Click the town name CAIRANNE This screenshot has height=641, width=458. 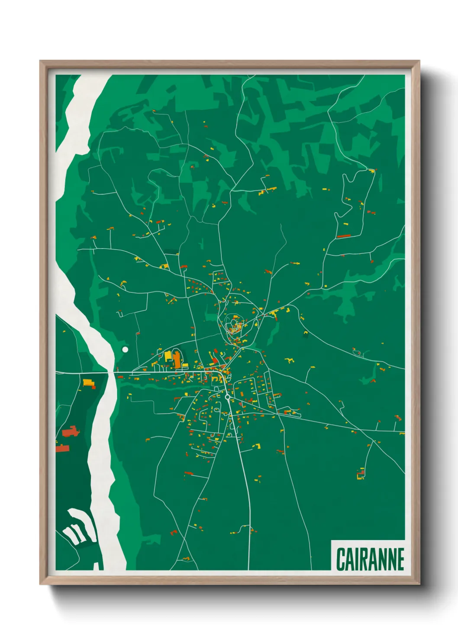coord(370,559)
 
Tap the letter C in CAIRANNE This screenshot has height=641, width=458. coord(341,559)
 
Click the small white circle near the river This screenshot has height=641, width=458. coord(125,349)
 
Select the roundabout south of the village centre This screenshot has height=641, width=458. coord(227,396)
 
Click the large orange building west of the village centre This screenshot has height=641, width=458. coord(177,360)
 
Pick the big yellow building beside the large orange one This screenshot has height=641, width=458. coord(168,356)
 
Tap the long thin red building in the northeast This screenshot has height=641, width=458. coord(343,236)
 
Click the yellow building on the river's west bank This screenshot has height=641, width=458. coord(89,383)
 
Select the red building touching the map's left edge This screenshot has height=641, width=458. coord(62,448)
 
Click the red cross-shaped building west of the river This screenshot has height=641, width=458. coord(71,431)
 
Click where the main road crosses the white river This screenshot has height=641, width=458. coord(110,372)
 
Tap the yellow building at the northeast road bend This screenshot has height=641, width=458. coord(371,172)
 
